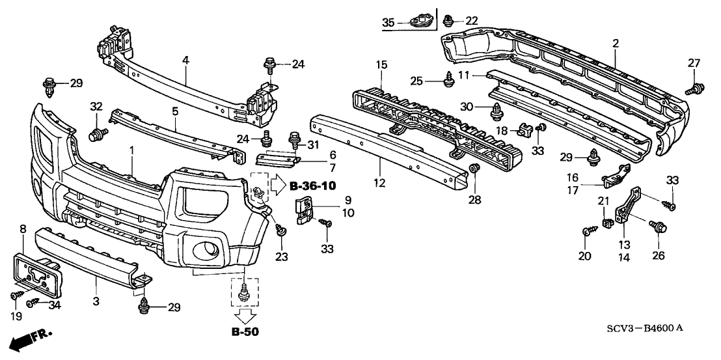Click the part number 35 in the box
[x=388, y=23]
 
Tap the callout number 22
[x=472, y=21]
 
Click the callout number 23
[x=280, y=256]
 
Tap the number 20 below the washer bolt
[x=586, y=256]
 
